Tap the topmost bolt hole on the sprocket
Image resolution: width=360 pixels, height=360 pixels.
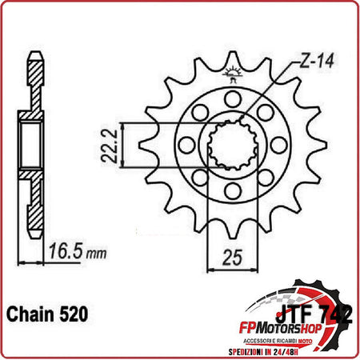point(231,99)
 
